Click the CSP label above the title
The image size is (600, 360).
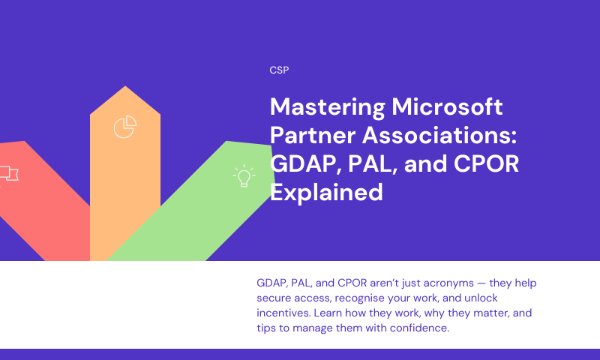(279, 70)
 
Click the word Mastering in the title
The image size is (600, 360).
(328, 107)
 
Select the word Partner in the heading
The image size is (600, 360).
(313, 135)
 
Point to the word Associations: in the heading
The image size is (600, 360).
(439, 135)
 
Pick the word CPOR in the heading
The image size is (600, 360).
(486, 163)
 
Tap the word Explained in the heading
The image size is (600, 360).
(326, 193)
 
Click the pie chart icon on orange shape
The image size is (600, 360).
(125, 127)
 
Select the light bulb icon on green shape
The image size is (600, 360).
(244, 176)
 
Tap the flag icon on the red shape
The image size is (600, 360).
(8, 174)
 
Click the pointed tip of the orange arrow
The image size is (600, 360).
(125, 86)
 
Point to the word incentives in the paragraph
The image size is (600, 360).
(283, 313)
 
